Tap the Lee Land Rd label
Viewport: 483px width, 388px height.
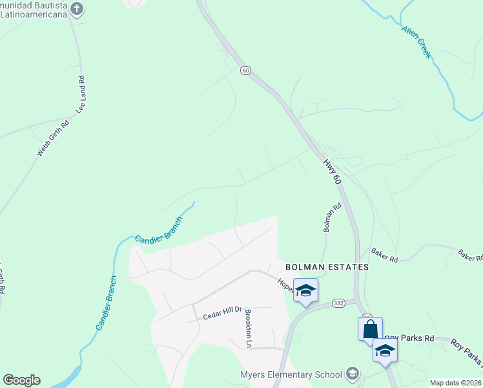[x=81, y=96]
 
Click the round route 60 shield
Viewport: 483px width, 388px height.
[x=245, y=70]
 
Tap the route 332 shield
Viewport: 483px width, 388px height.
[x=339, y=303]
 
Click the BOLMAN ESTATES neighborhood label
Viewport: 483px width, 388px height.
[x=327, y=266]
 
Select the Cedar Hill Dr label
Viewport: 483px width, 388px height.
[x=221, y=315]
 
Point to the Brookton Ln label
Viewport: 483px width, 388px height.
[x=247, y=329]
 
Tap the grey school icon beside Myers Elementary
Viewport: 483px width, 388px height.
[x=353, y=373]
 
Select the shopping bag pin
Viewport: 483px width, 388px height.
[x=370, y=329]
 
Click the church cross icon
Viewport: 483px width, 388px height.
[x=77, y=9]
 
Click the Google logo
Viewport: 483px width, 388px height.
[x=21, y=380]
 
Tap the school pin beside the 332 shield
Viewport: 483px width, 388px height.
[x=306, y=290]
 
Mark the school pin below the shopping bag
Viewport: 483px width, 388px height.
[x=385, y=350]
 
